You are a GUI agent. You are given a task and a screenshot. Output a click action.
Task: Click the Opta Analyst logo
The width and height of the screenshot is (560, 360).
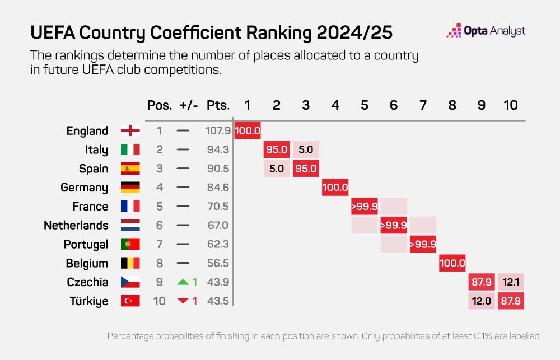point(486,31)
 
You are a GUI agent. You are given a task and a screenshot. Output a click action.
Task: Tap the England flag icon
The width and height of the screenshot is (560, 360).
point(130,131)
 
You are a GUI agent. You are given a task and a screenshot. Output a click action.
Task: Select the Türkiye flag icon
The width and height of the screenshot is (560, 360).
point(130,301)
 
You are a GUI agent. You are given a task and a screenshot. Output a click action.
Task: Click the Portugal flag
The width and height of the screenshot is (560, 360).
point(130,244)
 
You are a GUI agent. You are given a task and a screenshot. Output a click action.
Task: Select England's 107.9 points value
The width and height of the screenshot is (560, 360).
point(217,131)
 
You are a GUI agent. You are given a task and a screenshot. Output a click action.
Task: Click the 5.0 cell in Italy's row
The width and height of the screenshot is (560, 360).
point(306,150)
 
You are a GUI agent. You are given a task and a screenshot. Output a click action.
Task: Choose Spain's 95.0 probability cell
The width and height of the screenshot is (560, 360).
point(306,169)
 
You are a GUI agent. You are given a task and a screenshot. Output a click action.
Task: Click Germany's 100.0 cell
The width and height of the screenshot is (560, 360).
point(335,188)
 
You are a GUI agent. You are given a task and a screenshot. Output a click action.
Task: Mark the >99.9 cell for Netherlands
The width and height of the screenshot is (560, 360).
point(394,226)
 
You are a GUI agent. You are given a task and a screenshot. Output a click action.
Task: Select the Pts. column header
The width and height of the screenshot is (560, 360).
point(217,105)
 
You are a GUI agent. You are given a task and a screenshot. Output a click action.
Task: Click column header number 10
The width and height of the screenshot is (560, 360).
point(510,105)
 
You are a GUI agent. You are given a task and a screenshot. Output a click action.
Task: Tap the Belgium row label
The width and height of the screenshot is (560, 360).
point(87,263)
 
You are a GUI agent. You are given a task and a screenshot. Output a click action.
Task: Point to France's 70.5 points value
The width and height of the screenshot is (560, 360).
point(217,207)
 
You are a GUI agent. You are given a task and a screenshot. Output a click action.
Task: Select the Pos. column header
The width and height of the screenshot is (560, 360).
point(159,105)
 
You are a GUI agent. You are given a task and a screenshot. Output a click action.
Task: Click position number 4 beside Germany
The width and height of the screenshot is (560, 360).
point(159,188)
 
